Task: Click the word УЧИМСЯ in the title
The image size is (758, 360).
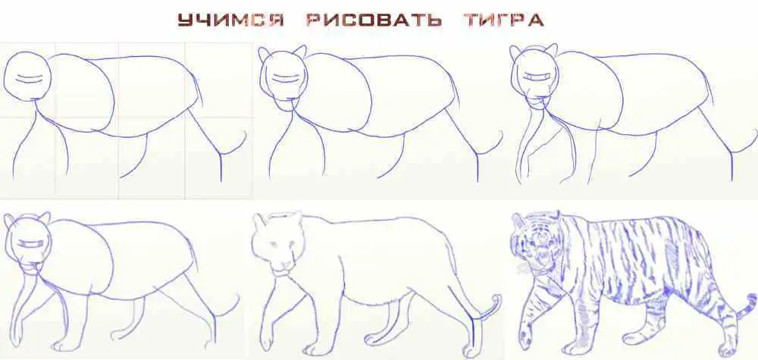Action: [230, 20]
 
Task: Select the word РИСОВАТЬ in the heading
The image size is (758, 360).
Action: [374, 20]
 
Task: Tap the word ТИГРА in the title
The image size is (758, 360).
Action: [504, 20]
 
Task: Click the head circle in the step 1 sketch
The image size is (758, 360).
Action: [27, 76]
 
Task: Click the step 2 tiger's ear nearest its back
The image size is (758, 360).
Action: [299, 52]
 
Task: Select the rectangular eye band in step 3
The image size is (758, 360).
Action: [537, 77]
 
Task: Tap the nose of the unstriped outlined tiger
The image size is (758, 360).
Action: [285, 265]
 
